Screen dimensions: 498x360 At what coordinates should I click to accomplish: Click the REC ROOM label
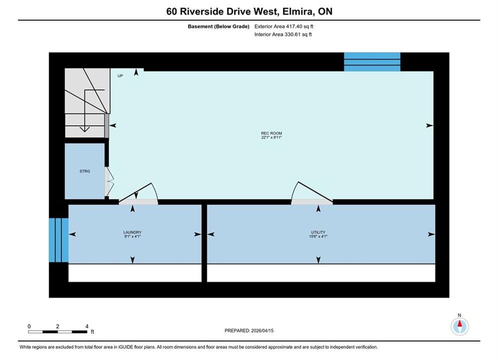coord(271,133)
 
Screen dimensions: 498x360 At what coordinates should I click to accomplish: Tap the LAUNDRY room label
coord(133,232)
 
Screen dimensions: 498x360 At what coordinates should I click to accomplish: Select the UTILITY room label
coord(318,232)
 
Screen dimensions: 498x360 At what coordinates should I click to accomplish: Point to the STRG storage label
coord(85,171)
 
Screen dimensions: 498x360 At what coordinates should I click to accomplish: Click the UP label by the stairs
coord(120,76)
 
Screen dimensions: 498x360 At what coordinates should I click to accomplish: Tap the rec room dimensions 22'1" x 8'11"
coord(271,137)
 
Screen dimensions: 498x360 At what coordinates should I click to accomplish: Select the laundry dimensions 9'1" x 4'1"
coord(133,236)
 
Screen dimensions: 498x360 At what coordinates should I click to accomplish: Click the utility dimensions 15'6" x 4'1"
coord(318,236)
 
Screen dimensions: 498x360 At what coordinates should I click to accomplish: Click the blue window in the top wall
coord(372,62)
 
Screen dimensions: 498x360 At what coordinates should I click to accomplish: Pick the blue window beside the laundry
coord(59,240)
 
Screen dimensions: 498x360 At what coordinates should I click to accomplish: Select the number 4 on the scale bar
coord(87,326)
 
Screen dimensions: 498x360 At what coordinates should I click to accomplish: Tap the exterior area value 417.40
coord(293,26)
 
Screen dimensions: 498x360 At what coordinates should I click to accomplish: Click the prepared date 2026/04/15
coord(262,330)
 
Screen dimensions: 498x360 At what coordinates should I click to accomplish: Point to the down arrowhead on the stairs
coord(85,129)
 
